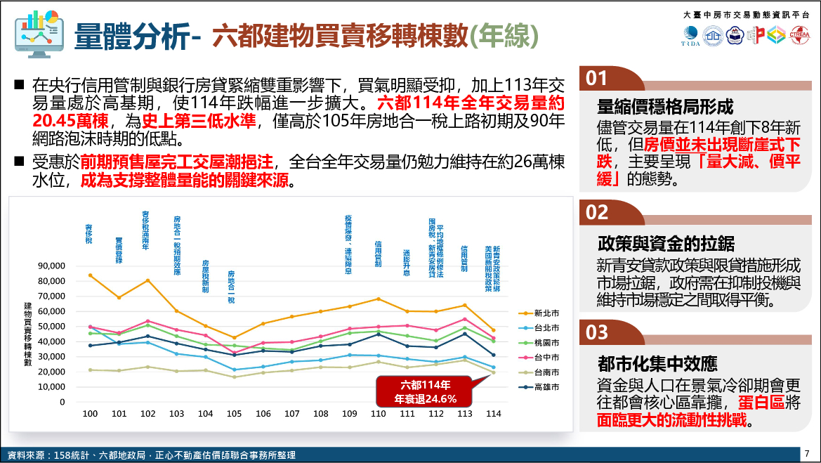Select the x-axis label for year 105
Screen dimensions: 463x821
[235, 414]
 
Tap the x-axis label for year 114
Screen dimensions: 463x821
[494, 414]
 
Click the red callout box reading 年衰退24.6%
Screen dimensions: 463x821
[426, 392]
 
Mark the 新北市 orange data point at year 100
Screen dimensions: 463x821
[90, 275]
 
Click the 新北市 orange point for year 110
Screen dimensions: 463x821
[379, 299]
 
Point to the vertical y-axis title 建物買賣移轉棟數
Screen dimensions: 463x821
[28, 334]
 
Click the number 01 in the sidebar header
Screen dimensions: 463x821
[597, 78]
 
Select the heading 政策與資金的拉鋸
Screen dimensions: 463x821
[666, 244]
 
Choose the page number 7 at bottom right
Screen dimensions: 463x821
[807, 453]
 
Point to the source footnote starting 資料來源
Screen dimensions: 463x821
[147, 455]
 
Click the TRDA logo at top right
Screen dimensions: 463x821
[690, 35]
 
